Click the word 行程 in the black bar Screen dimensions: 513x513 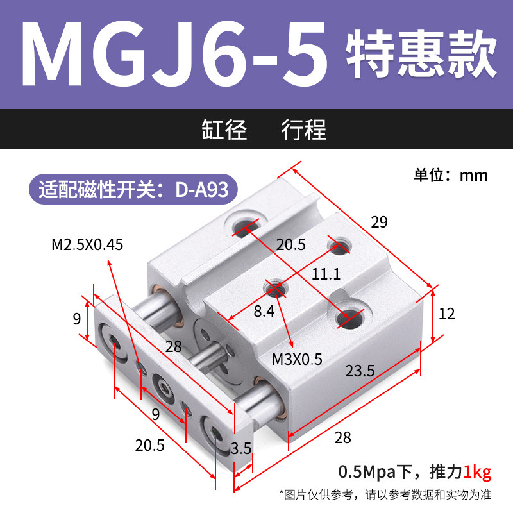click(304, 130)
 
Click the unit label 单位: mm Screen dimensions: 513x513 click(451, 175)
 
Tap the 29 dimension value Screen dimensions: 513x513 click(380, 223)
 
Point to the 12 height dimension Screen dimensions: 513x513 click(446, 314)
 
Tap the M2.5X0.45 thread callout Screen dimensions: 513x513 click(87, 244)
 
